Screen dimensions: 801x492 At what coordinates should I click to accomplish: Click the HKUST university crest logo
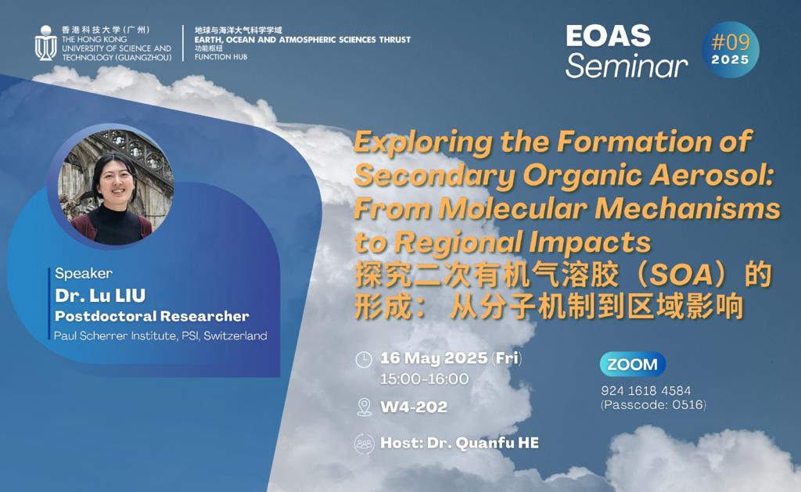pos(45,43)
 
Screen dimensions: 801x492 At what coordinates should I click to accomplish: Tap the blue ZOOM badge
pos(632,365)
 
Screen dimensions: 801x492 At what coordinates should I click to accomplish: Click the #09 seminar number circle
pos(731,49)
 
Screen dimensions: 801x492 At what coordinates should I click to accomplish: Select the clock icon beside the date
pos(364,359)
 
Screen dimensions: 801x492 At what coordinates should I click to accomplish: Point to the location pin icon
pos(364,408)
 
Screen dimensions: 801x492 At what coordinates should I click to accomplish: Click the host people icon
pos(365,444)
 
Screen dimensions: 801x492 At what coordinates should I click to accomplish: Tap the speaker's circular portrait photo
pos(116,187)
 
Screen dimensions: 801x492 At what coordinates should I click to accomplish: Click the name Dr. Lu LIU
pos(100,296)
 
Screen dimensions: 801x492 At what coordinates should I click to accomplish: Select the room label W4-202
pos(414,408)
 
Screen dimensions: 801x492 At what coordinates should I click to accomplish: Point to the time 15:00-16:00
pos(424,379)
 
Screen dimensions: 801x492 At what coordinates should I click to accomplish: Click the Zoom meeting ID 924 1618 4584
pos(645,391)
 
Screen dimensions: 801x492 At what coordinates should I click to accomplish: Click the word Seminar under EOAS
pos(627,66)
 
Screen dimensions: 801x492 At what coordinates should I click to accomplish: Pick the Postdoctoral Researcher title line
pos(152,316)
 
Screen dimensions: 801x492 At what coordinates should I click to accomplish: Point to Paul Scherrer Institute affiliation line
pos(160,336)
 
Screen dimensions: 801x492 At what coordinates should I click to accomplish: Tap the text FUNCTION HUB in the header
pos(221,57)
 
